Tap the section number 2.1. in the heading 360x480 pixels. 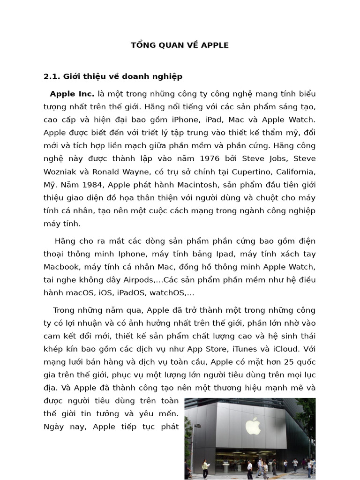(x=52, y=76)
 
